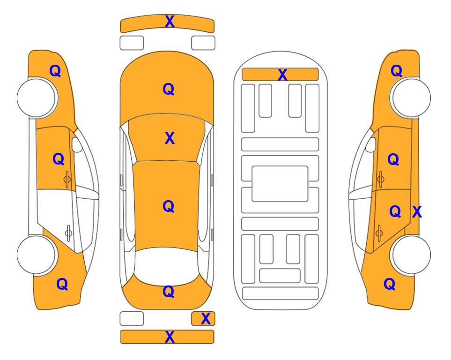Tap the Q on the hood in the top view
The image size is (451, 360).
[x=169, y=89]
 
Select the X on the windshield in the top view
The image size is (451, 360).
[x=170, y=138]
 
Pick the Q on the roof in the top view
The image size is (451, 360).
[x=169, y=206]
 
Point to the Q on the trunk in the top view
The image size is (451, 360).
[x=169, y=292]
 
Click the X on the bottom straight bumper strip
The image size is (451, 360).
[x=170, y=337]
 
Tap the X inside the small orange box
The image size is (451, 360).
[x=206, y=319]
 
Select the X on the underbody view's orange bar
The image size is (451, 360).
[x=282, y=75]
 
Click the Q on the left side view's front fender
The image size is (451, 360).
[x=55, y=71]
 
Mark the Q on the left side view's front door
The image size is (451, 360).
[x=59, y=159]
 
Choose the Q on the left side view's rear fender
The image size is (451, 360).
[x=62, y=284]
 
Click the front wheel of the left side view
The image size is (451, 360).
[x=37, y=97]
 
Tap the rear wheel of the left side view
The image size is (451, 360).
[x=37, y=255]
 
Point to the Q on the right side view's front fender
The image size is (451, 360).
[x=396, y=71]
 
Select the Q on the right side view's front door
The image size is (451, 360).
[x=393, y=159]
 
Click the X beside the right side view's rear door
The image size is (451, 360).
[x=417, y=212]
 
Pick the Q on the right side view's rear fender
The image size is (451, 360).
[x=390, y=284]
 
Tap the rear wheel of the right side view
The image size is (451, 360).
[x=411, y=255]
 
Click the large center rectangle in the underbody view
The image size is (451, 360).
[x=280, y=184]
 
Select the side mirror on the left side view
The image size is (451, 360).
[x=76, y=144]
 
